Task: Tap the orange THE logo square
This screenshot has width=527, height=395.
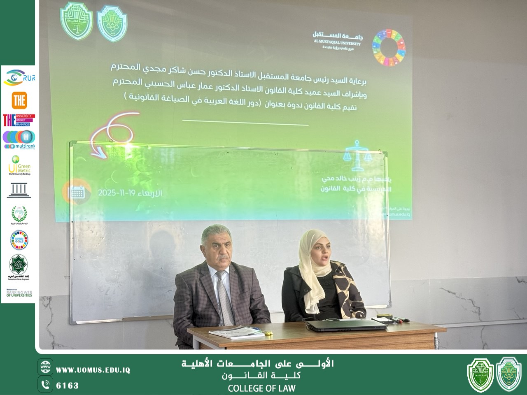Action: tap(19, 100)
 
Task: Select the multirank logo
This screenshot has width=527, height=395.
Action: tap(19, 139)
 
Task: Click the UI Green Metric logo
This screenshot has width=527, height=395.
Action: tap(19, 165)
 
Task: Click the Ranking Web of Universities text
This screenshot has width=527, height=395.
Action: tap(19, 293)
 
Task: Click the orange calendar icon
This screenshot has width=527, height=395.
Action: tap(77, 192)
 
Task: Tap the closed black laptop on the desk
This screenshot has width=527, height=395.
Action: tap(347, 325)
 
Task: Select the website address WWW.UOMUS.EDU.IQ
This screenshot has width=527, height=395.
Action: tap(93, 370)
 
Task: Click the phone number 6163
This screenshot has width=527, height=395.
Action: tap(67, 386)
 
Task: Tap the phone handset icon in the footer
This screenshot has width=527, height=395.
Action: tap(45, 385)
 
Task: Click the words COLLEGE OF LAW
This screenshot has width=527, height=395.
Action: tap(261, 388)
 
